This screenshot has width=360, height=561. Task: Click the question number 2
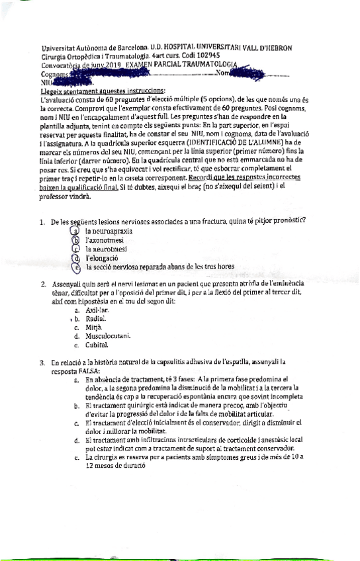[x=42, y=284]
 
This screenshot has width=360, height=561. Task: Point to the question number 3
[x=42, y=363]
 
